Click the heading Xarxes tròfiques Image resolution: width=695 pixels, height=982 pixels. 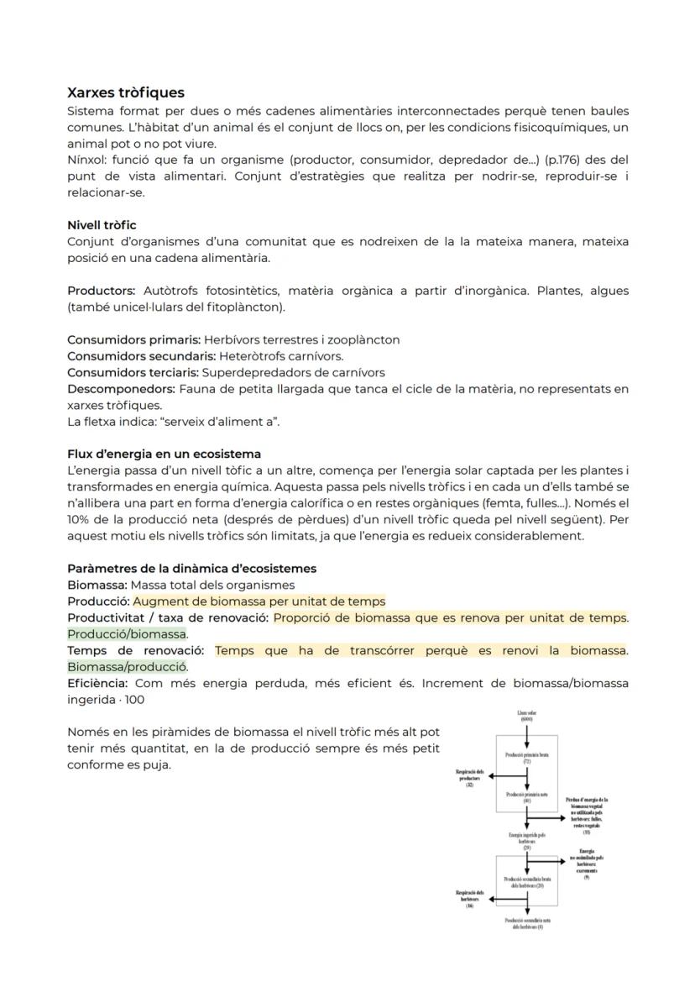[126, 92]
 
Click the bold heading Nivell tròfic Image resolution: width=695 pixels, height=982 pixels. [102, 225]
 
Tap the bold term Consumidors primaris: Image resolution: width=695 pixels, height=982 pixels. [133, 339]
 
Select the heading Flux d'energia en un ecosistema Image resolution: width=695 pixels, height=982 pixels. [164, 454]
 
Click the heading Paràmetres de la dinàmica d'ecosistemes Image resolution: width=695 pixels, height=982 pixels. [191, 569]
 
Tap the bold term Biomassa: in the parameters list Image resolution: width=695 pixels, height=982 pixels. [97, 585]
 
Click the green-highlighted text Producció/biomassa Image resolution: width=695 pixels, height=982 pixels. [128, 633]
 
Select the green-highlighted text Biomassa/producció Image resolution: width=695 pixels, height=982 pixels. [128, 666]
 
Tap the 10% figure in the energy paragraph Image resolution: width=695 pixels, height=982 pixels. [80, 519]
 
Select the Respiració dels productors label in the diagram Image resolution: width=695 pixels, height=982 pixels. [469, 777]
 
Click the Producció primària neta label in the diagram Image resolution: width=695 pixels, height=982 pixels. [526, 796]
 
